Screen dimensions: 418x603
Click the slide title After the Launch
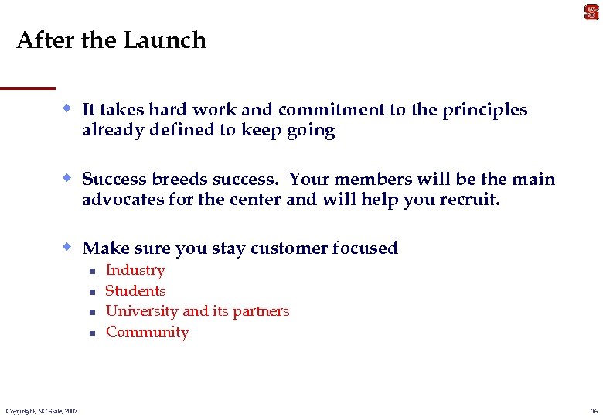pos(111,40)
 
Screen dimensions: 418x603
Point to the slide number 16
pos(593,410)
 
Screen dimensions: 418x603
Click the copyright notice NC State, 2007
pos(41,410)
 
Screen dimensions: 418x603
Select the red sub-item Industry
pos(135,270)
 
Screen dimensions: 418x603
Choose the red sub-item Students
pos(135,291)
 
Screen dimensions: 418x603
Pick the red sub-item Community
pos(147,332)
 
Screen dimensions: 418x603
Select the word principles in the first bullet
pos(485,110)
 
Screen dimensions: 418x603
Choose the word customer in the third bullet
pos(289,248)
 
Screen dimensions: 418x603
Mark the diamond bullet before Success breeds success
pos(68,178)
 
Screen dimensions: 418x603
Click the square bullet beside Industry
pos(90,271)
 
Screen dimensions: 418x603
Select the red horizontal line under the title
pos(28,87)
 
